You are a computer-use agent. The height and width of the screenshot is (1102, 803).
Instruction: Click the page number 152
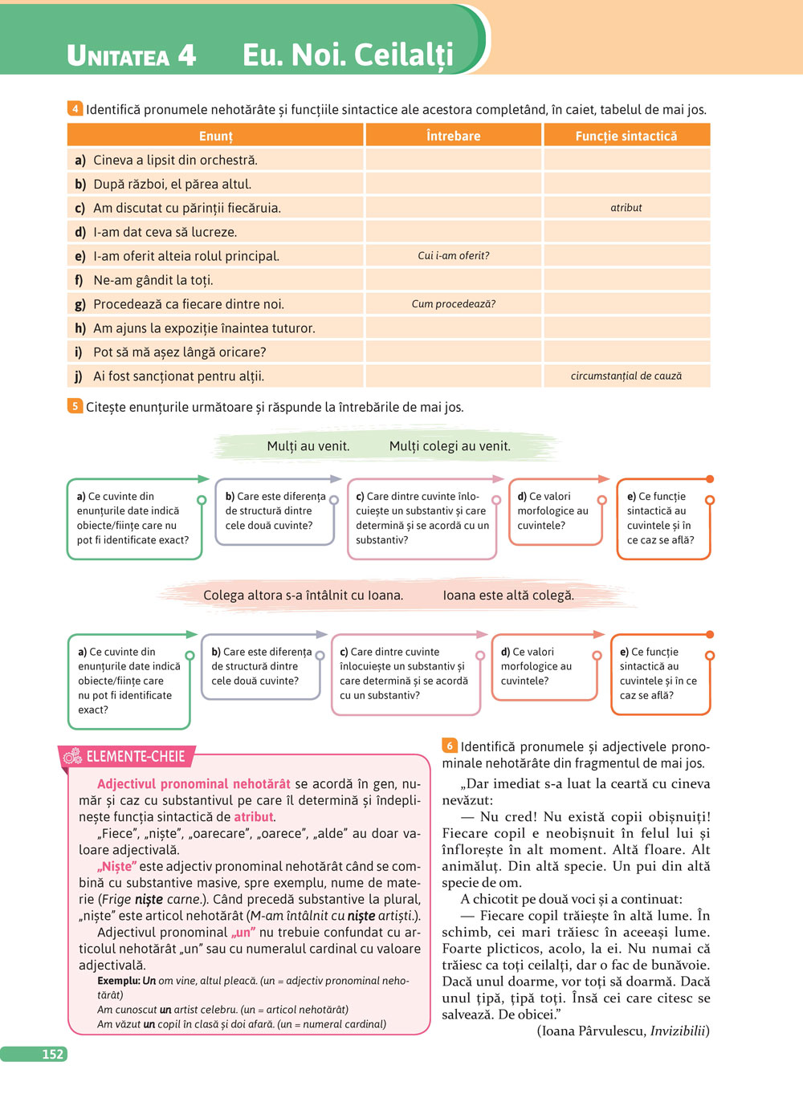tap(52, 1054)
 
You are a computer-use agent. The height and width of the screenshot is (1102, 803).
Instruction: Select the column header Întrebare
tap(453, 136)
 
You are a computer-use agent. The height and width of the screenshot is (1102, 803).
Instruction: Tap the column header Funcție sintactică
tap(626, 136)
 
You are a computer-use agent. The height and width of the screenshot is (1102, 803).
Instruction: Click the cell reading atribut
tap(626, 208)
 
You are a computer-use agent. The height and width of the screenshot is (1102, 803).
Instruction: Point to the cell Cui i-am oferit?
tap(453, 256)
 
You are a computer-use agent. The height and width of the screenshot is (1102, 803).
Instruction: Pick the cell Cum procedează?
tap(453, 304)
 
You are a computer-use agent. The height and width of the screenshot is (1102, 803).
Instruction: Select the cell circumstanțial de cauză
tap(626, 376)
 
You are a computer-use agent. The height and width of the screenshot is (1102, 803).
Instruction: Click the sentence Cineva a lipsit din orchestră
tap(175, 160)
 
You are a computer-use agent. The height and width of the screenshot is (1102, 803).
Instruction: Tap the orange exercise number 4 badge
tap(75, 108)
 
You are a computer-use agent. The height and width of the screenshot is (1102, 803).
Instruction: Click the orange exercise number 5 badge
tap(75, 406)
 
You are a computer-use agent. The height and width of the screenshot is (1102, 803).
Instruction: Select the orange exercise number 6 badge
tap(449, 746)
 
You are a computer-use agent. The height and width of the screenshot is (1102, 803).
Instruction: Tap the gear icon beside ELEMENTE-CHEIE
tap(72, 756)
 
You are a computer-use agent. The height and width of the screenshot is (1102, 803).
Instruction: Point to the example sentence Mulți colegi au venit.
tap(450, 446)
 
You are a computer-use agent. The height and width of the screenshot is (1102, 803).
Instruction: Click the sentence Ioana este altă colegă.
tap(508, 596)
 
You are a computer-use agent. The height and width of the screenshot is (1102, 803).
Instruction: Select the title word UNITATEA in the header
tap(118, 56)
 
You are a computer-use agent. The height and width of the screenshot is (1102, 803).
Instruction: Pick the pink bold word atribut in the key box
tap(253, 817)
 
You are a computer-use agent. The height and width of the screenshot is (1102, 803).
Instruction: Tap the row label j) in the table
tap(79, 376)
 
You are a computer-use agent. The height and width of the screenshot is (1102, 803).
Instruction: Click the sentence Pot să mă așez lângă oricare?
tap(179, 352)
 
